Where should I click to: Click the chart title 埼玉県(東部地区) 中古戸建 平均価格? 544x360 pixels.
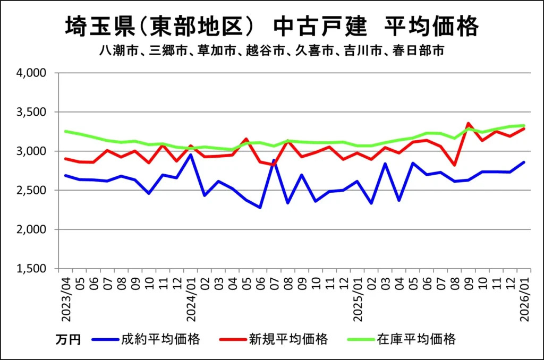(x=271, y=27)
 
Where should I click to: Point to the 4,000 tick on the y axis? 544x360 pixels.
(x=33, y=73)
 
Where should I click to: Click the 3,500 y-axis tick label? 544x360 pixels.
(x=33, y=112)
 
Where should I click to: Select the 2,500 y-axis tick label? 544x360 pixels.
(x=33, y=190)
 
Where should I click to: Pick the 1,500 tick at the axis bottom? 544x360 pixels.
(x=33, y=269)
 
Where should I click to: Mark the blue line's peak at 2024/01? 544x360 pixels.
(x=191, y=155)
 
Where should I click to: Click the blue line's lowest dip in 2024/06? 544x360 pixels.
(x=260, y=208)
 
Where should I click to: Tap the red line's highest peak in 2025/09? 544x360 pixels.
(x=469, y=124)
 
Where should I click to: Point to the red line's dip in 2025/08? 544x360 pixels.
(x=455, y=165)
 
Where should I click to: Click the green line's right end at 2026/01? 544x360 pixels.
(x=524, y=125)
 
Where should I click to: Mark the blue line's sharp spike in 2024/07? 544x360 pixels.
(x=274, y=160)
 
